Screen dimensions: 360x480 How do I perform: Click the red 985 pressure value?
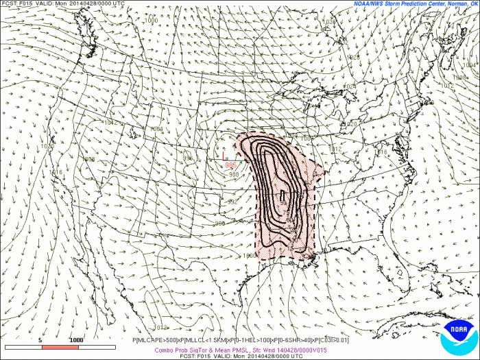pyautogui.click(x=231, y=165)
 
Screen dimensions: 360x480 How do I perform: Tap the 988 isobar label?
pyautogui.click(x=234, y=175)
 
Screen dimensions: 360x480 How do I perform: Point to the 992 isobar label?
pyautogui.click(x=232, y=202)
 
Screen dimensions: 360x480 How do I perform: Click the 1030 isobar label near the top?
pyautogui.click(x=330, y=22)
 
